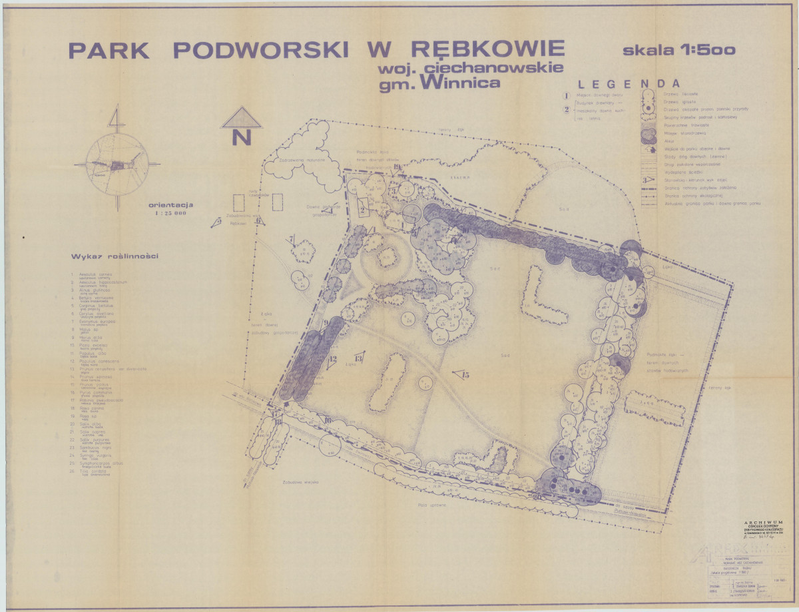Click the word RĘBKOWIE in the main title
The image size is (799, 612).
488,50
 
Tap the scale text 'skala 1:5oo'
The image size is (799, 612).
678,49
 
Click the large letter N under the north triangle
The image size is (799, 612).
241,138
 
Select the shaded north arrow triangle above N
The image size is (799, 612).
242,118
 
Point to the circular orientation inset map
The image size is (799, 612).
117,164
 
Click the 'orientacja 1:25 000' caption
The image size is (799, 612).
171,209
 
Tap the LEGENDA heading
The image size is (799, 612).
629,84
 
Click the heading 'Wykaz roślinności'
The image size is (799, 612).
110,256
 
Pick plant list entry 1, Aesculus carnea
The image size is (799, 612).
97,275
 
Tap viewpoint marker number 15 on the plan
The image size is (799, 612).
461,375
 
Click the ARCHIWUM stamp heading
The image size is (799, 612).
764,523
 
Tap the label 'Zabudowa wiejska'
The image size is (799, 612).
300,481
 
